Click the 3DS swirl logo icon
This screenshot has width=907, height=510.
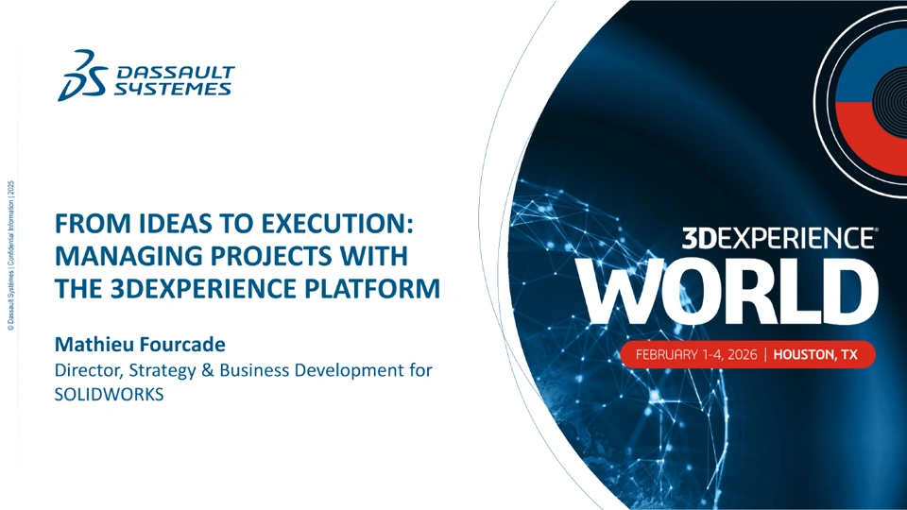click(82, 76)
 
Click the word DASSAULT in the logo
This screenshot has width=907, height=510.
click(176, 73)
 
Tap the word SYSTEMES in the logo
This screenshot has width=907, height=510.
click(172, 89)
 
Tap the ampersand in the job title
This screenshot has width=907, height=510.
click(207, 370)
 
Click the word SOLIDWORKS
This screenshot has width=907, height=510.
click(110, 395)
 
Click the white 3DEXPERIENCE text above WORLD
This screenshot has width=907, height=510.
click(779, 238)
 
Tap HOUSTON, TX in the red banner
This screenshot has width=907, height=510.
click(815, 354)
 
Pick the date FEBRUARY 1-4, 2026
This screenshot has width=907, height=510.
click(696, 354)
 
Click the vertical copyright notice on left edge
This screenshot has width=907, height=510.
click(11, 256)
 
